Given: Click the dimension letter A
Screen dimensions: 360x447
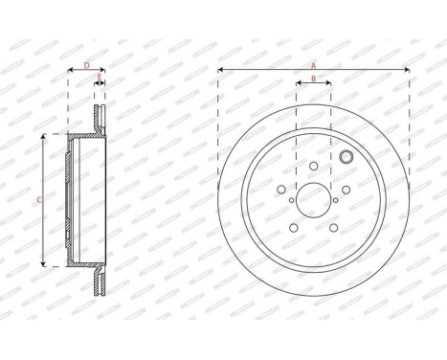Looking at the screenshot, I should pos(313,64).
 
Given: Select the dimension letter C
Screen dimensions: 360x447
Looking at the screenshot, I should pos(38,199).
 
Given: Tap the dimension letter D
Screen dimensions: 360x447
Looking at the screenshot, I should pos(86,65).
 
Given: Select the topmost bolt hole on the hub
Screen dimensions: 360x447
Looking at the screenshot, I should pos(313,166).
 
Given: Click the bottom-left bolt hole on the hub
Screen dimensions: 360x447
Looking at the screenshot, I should pos(293,227).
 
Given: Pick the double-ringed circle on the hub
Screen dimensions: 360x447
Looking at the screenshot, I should pos(346,158).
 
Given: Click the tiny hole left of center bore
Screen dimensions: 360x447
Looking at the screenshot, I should pos(291,200).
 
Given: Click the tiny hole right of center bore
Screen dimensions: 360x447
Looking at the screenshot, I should pos(335,200).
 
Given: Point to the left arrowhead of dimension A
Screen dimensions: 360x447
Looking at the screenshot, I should pos(220,70).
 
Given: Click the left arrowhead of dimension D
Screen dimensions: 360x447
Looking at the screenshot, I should pos(70,71).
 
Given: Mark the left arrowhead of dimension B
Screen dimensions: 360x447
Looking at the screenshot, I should pos(298,83).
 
